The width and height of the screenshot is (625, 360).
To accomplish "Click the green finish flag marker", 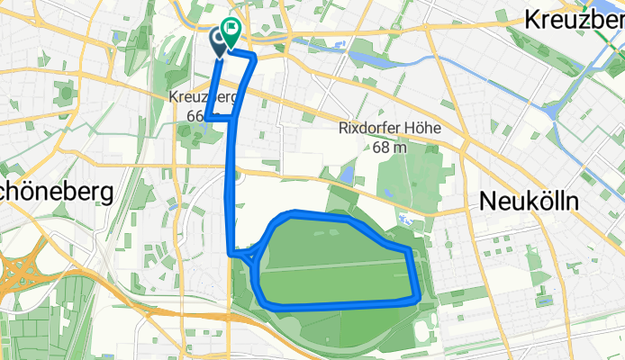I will (231, 32).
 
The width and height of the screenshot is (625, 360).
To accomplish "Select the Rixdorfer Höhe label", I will (389, 128).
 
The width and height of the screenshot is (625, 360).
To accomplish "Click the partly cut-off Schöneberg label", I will (55, 193).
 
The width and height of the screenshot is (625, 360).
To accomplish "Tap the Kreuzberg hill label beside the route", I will (200, 96).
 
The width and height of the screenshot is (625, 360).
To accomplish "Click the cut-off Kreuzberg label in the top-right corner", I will (575, 19).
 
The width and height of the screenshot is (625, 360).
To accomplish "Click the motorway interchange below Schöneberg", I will (18, 270).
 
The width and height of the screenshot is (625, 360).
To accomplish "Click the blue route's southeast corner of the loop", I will (418, 297).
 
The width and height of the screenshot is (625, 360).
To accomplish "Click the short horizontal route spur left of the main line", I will (220, 117).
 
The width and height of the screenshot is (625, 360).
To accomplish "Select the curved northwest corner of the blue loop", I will (279, 218).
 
